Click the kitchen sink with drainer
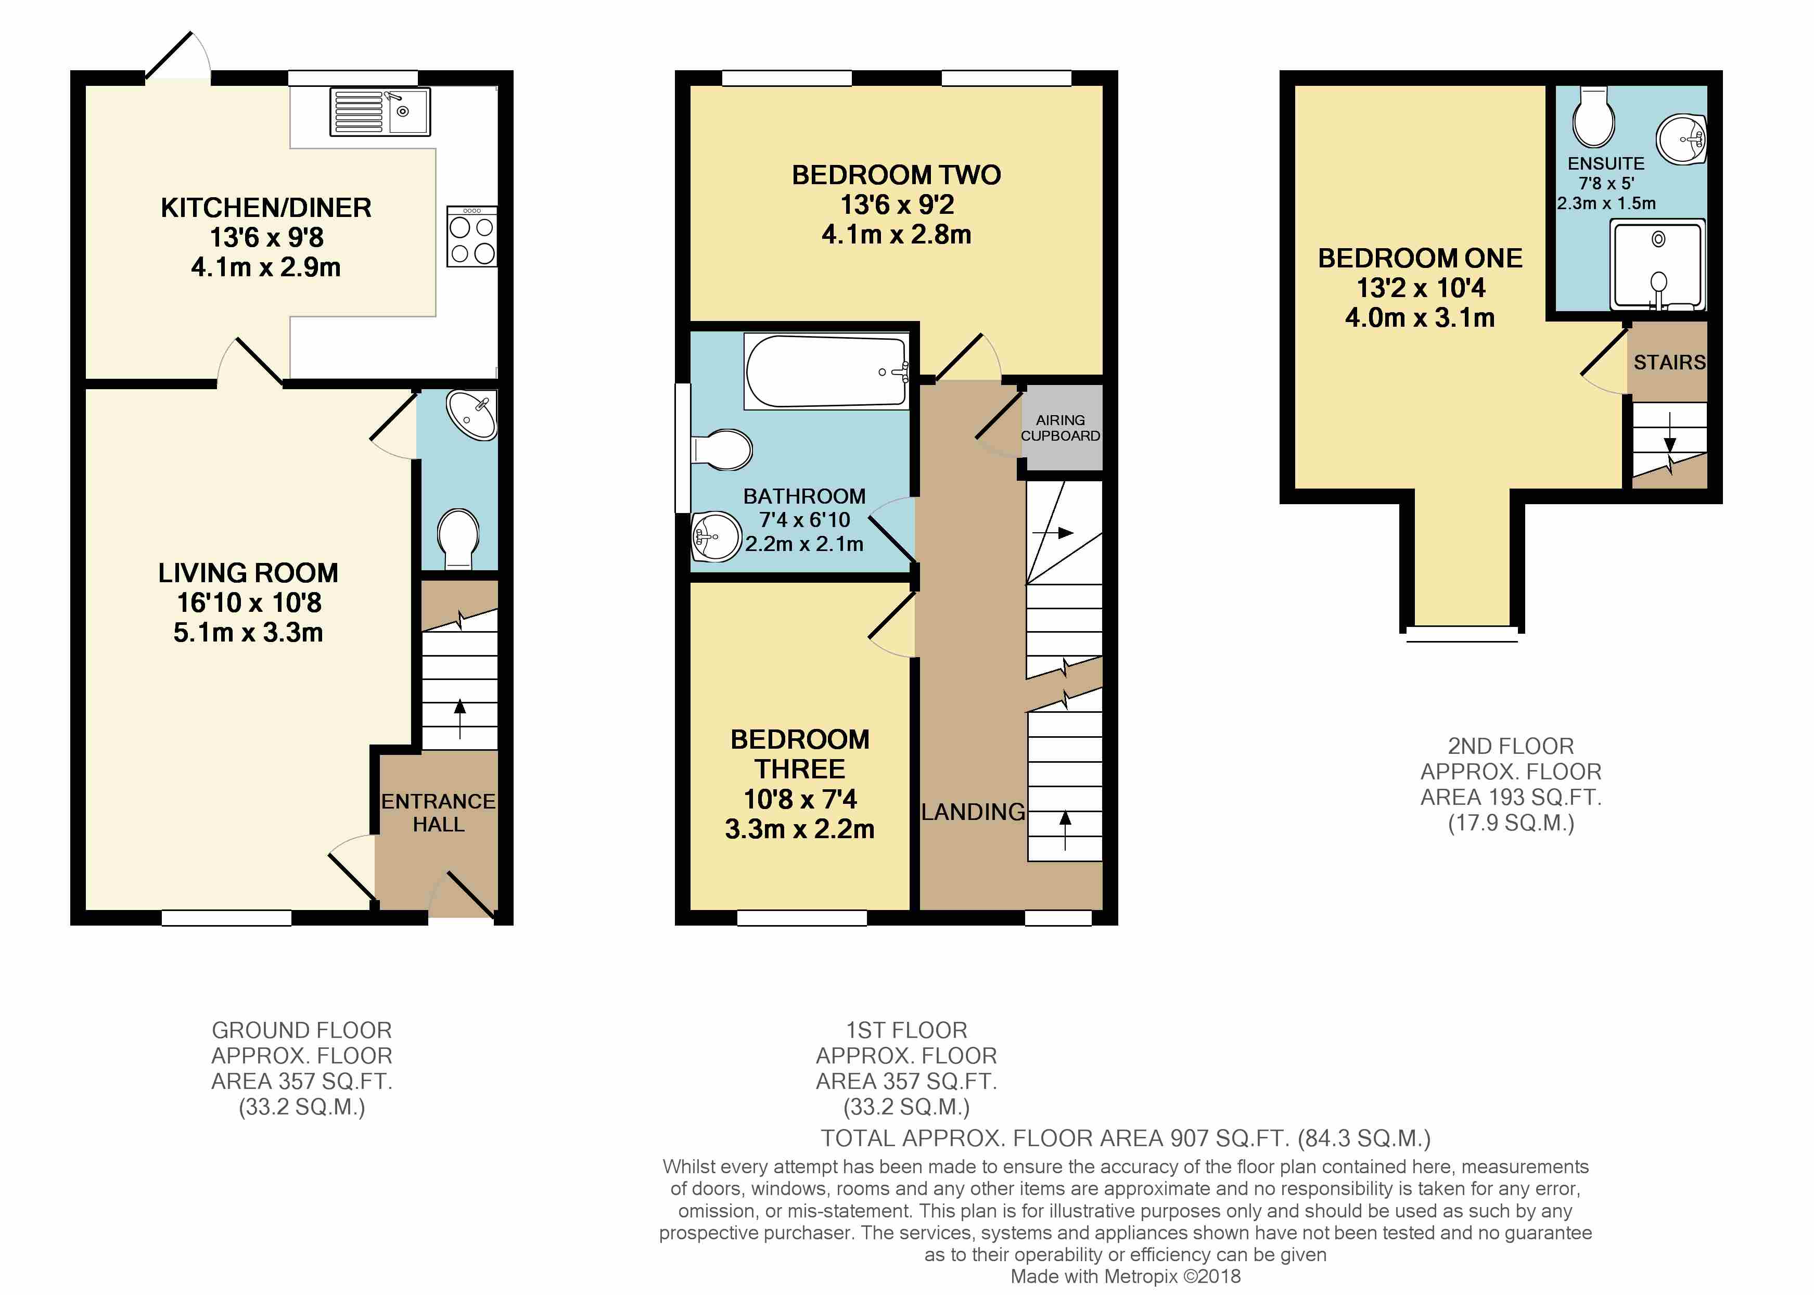point(380,112)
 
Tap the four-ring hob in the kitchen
point(472,237)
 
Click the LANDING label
point(973,812)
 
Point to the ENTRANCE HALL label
point(438,813)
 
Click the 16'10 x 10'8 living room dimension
point(249,603)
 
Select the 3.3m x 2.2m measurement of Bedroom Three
point(800,829)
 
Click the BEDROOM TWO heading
point(896,175)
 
